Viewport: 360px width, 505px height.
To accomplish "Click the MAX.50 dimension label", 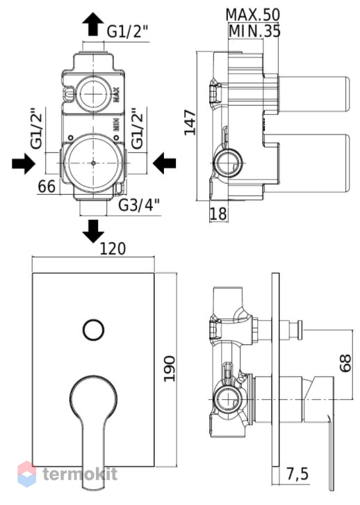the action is point(252,15).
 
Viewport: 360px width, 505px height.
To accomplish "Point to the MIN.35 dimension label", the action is point(254,31).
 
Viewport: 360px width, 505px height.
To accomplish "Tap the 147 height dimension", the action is point(190,122).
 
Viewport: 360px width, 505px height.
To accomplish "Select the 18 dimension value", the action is point(218,214).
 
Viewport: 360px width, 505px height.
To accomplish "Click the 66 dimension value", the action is point(47,186).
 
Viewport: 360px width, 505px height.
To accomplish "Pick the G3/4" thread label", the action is point(139,205).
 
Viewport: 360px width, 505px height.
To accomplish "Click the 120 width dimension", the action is point(113,248).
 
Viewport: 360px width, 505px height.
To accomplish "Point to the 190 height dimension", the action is point(169,369).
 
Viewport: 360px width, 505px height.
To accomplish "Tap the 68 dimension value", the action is point(345,363).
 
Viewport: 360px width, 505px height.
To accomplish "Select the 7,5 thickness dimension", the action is point(297,474).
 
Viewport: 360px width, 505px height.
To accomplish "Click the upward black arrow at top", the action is point(93,24).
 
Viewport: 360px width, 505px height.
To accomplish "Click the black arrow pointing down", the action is point(93,231).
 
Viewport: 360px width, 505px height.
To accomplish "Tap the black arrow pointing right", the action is point(24,163).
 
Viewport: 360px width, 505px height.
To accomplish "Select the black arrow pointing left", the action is point(165,163).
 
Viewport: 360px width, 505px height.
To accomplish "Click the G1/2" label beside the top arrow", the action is point(128,31).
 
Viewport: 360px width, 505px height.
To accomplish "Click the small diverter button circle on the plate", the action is point(93,330).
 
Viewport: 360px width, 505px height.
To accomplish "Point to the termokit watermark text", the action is point(80,474).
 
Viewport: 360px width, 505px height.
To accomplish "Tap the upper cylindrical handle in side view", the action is point(313,94).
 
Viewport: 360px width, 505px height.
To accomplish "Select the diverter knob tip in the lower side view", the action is point(300,330).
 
